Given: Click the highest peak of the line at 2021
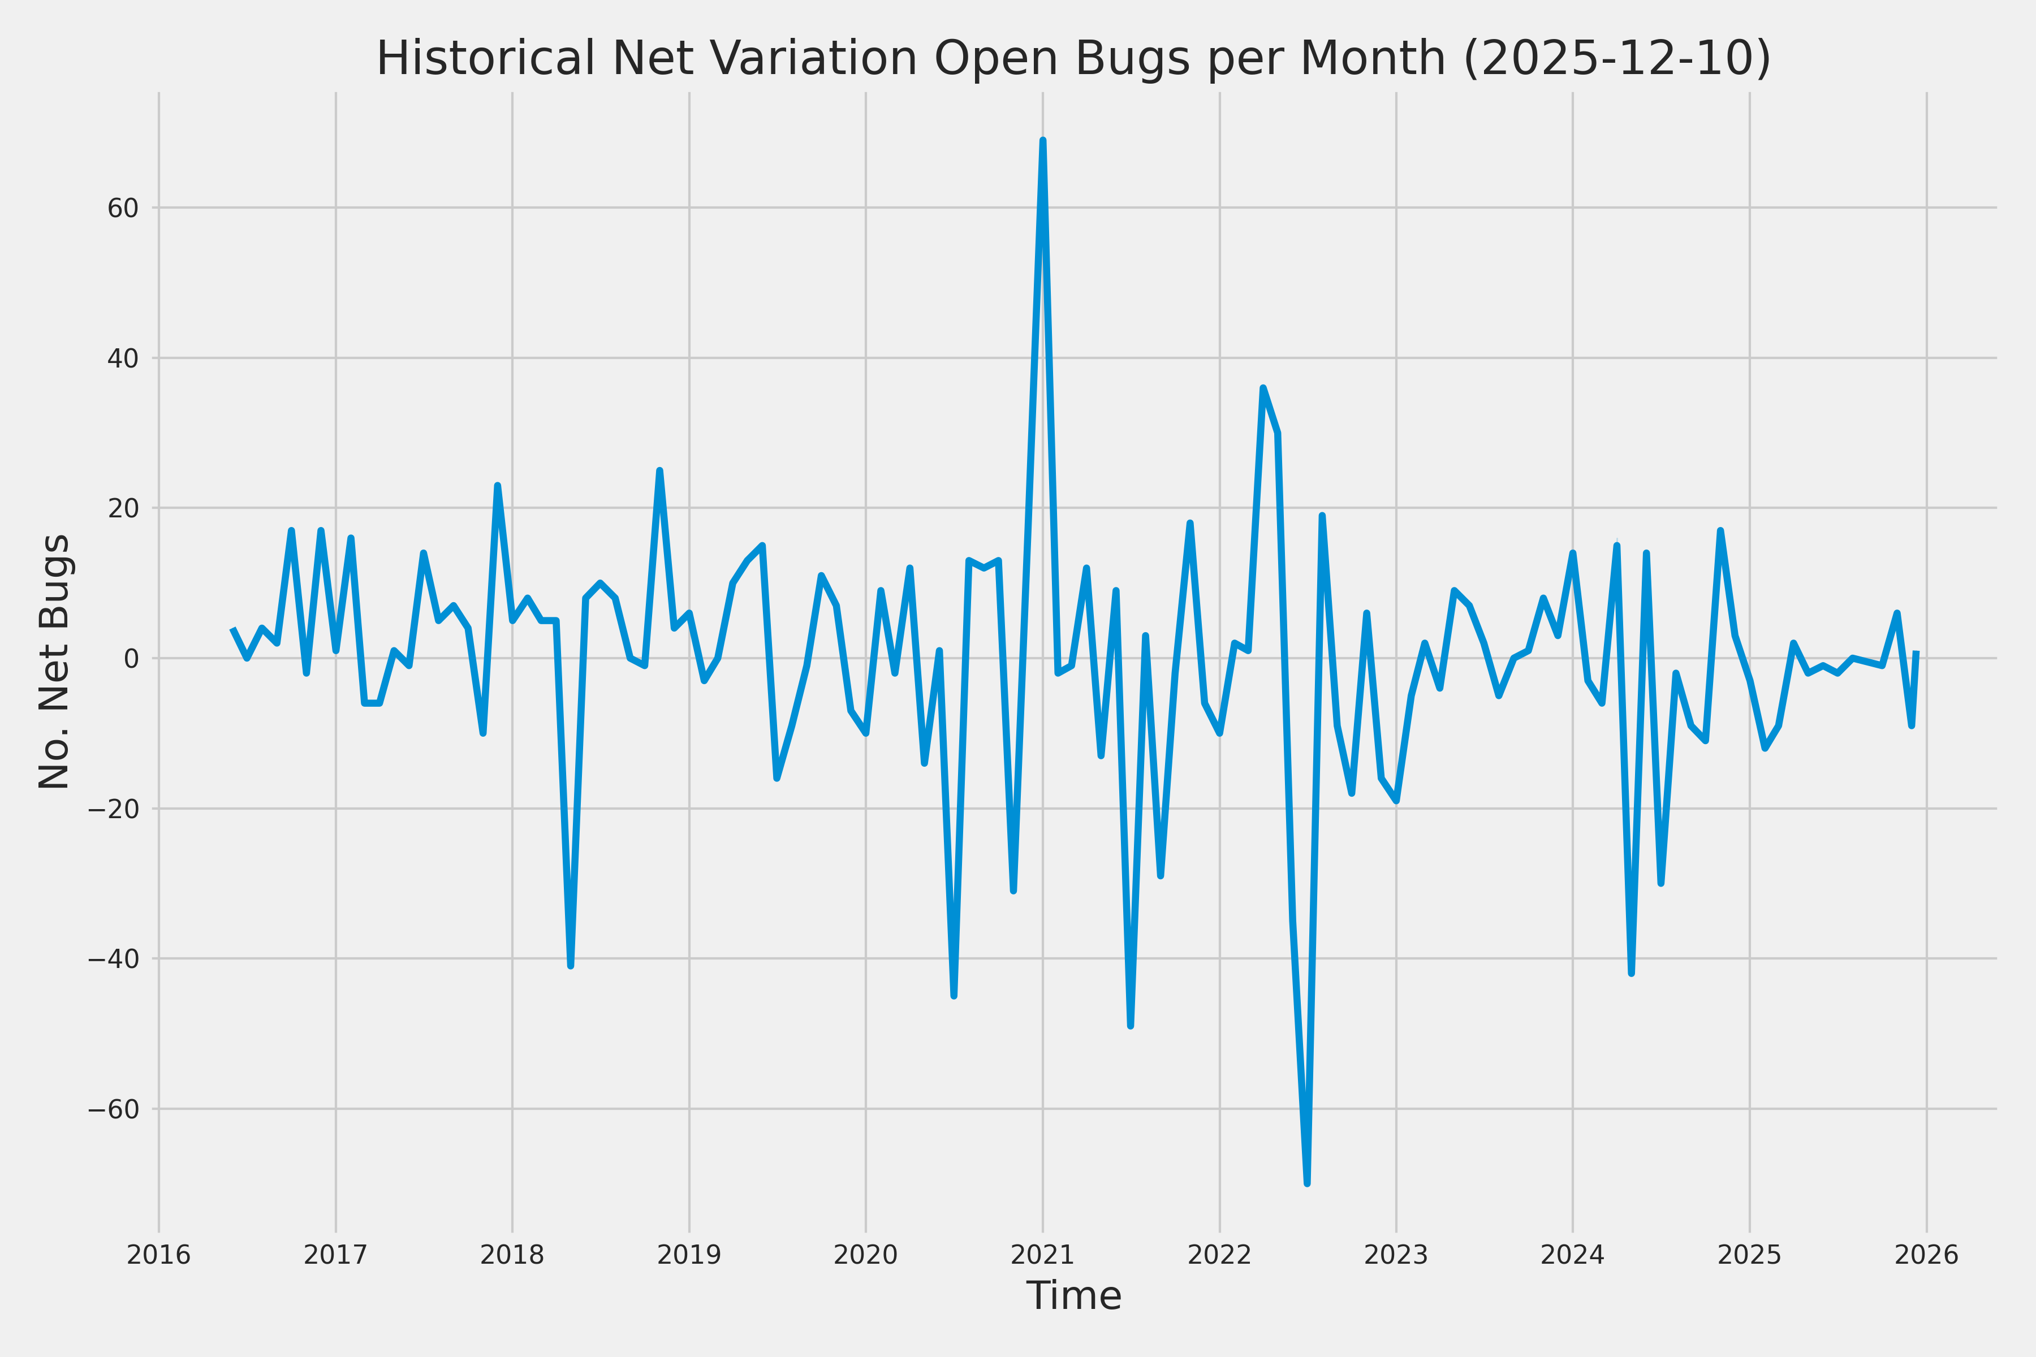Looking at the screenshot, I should (x=1042, y=140).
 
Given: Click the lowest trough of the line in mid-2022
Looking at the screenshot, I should (x=1307, y=1183).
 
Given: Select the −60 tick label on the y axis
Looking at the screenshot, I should (x=114, y=1109).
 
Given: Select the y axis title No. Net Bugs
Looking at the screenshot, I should (x=54, y=661).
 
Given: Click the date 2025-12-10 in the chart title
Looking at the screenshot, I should (x=1617, y=59).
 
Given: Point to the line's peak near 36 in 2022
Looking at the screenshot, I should (x=1263, y=388).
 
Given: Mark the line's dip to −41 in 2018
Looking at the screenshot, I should (x=571, y=966).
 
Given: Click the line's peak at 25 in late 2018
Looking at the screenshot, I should (x=659, y=471).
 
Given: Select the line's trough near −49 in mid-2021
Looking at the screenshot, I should (x=1131, y=1026).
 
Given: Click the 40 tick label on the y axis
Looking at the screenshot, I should (x=123, y=359).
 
